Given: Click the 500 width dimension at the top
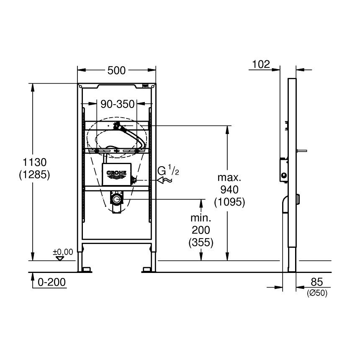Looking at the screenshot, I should (116, 71).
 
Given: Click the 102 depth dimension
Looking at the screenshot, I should (261, 64).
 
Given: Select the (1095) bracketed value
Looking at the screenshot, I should (229, 202).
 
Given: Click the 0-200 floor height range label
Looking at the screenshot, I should (52, 283).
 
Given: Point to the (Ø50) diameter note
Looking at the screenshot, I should (316, 293).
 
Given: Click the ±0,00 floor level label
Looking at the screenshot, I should (63, 252).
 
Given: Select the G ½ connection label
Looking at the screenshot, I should (168, 170).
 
